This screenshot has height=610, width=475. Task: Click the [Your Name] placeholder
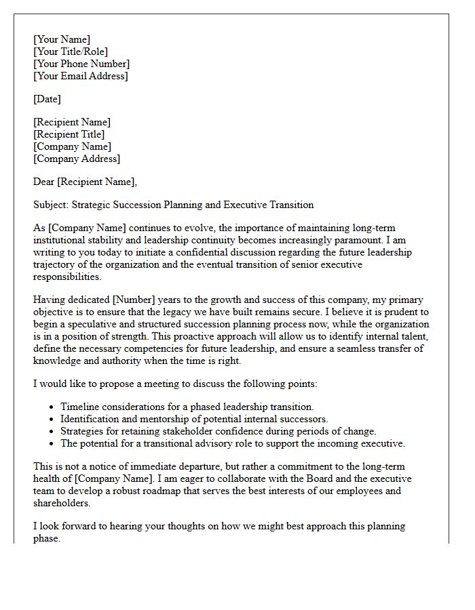click(x=62, y=39)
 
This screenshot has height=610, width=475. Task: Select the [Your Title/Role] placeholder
click(x=71, y=52)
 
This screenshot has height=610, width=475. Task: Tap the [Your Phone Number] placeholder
click(x=81, y=64)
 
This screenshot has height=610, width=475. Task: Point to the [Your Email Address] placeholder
click(x=81, y=76)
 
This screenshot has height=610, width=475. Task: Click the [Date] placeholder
click(x=47, y=99)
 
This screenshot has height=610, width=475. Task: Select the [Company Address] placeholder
click(x=77, y=159)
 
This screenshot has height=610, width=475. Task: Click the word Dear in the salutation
click(x=43, y=182)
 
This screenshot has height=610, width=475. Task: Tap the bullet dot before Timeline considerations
click(x=52, y=407)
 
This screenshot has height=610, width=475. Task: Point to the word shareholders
click(x=61, y=503)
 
